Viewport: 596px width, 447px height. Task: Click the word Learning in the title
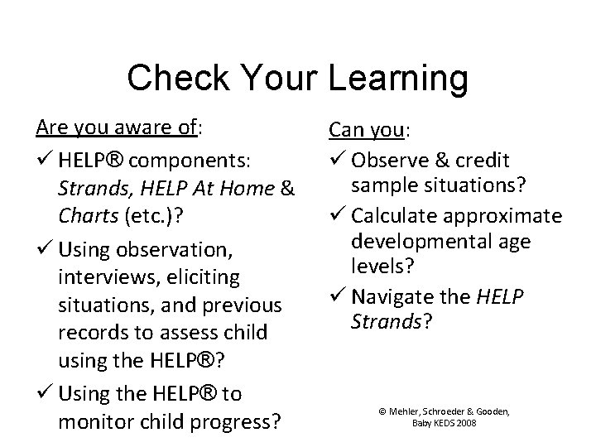[399, 79]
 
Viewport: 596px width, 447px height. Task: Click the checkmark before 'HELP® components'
[43, 160]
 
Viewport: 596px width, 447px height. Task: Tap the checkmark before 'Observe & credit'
[337, 160]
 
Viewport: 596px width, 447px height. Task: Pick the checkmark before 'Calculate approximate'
[337, 216]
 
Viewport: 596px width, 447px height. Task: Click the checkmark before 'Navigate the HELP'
[337, 296]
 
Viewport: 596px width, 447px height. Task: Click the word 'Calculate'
[397, 216]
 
